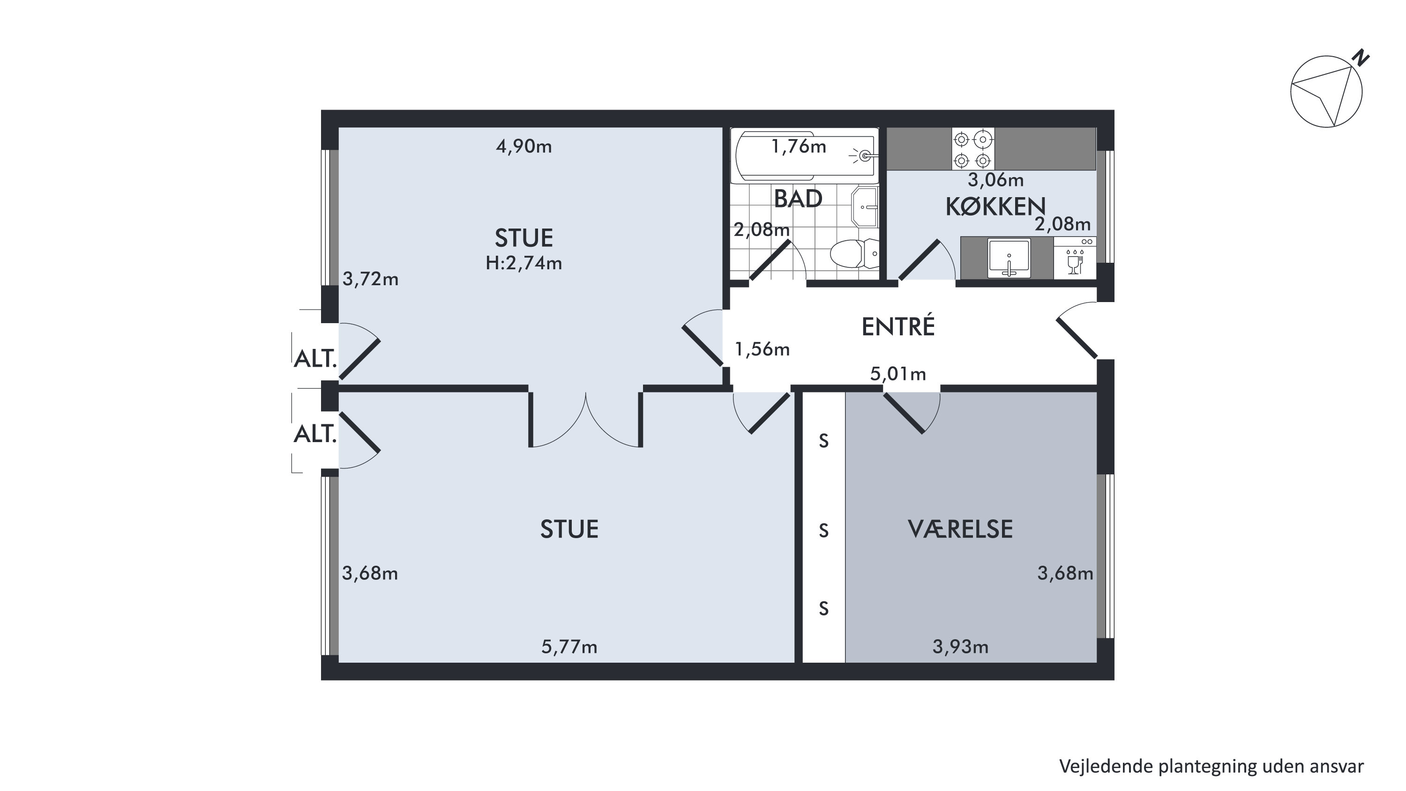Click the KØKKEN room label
tap(995, 206)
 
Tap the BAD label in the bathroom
tap(798, 199)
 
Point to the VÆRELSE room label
tap(960, 529)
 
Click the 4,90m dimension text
tap(524, 147)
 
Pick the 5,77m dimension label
tap(569, 647)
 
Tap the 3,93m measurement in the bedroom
tap(960, 647)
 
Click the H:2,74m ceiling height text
tap(524, 264)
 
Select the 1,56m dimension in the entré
tap(762, 349)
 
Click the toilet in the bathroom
tap(855, 254)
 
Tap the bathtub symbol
tap(805, 156)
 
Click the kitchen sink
tap(1009, 258)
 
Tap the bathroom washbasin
tap(865, 207)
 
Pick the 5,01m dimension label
tap(898, 374)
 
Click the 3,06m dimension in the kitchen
tap(995, 179)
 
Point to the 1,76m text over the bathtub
tap(799, 147)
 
